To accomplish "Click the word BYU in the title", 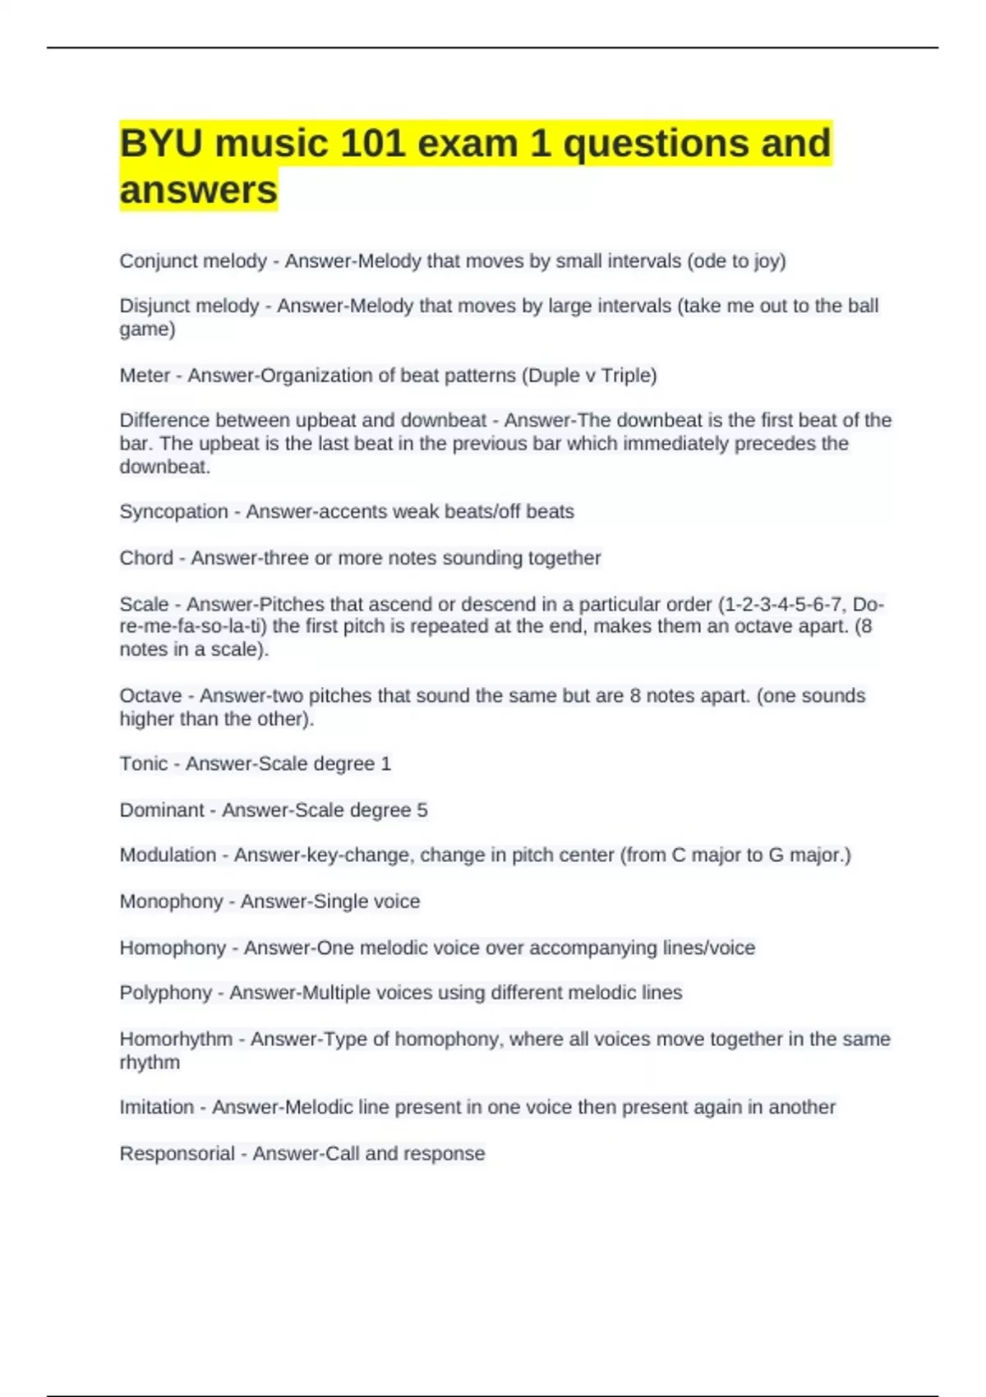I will [x=161, y=144].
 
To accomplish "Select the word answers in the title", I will [x=199, y=190].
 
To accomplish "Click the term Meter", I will [x=145, y=376].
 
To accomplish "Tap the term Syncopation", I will [x=173, y=511].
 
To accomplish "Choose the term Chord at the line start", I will [x=146, y=558].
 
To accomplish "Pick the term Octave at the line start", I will [x=150, y=696].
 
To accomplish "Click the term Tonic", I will [x=144, y=763].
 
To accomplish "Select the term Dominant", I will [x=162, y=810].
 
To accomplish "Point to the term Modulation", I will [x=168, y=855].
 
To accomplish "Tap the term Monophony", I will [x=171, y=901].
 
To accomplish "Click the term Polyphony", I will [x=166, y=993].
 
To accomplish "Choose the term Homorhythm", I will [x=176, y=1039].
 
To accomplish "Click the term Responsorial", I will [x=177, y=1154].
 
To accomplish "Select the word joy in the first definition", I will [x=767, y=262].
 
